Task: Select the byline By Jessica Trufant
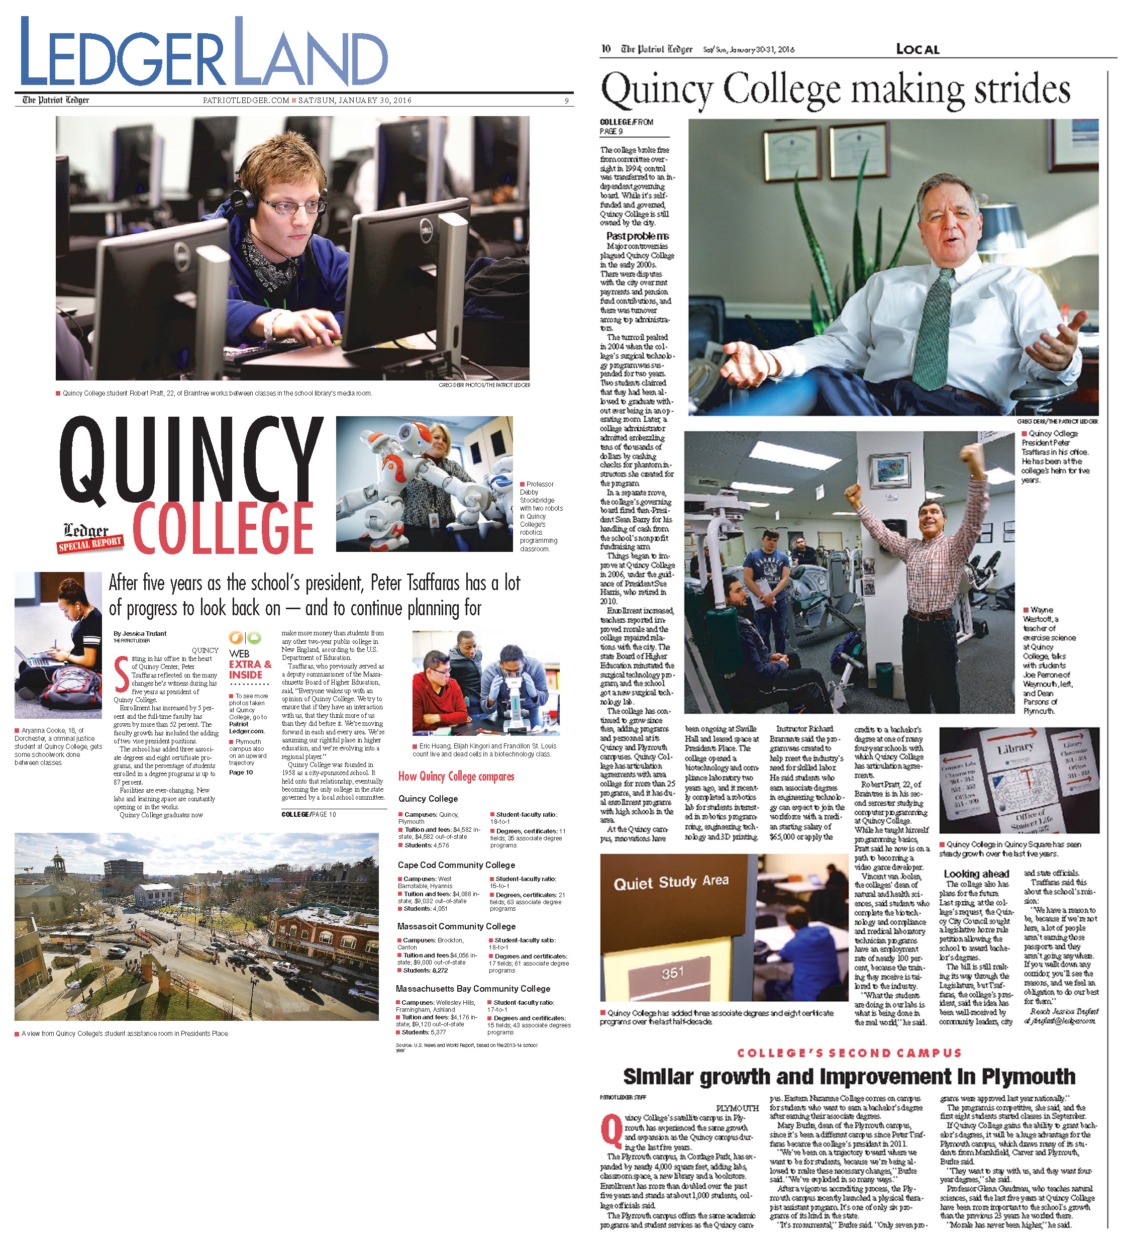pyautogui.click(x=140, y=633)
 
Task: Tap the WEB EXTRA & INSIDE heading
pyautogui.click(x=249, y=664)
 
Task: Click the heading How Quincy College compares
pyautogui.click(x=456, y=776)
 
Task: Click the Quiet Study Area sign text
pyautogui.click(x=671, y=882)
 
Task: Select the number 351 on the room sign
pyautogui.click(x=672, y=972)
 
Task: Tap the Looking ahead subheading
pyautogui.click(x=976, y=874)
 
